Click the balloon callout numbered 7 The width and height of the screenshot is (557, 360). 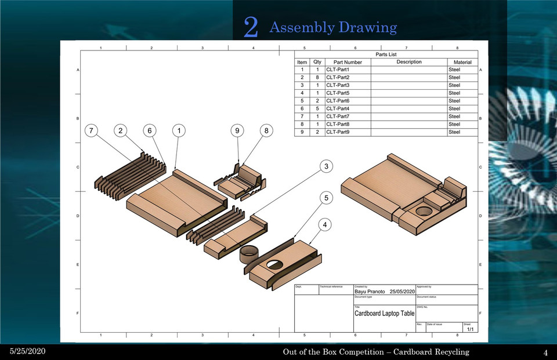tap(92, 131)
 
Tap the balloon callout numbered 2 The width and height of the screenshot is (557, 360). tap(121, 131)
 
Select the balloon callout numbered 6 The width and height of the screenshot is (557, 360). tap(150, 131)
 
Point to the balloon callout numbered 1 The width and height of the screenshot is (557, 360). tap(179, 131)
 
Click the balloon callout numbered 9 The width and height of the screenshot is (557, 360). tap(237, 131)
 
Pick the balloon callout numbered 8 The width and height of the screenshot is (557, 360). tap(266, 131)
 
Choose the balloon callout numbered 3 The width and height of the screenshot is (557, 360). tap(327, 167)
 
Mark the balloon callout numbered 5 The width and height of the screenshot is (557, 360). tap(327, 198)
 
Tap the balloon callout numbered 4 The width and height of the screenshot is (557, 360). tap(327, 224)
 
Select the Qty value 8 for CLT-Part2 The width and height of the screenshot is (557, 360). tap(317, 77)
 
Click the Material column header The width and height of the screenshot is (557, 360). tap(462, 62)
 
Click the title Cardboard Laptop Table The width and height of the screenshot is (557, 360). tap(385, 313)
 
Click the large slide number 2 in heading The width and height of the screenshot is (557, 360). tap(251, 27)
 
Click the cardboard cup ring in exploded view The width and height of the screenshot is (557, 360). tap(250, 253)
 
